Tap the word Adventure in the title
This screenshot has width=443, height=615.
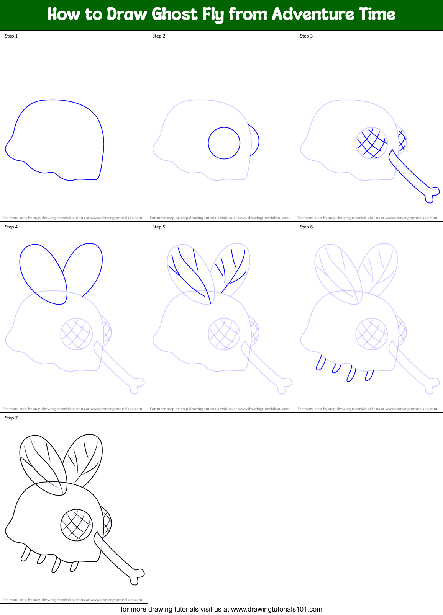point(313,15)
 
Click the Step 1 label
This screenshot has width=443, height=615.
point(11,36)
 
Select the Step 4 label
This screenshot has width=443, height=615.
point(11,227)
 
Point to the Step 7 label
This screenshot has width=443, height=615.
point(11,418)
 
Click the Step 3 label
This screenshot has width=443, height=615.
point(306,36)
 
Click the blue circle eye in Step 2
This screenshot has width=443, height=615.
point(224,143)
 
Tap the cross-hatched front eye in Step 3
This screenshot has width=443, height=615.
point(371,143)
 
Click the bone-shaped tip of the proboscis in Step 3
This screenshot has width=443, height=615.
point(431,194)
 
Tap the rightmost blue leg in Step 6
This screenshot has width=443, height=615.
point(369,375)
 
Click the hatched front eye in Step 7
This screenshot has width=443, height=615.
point(77,525)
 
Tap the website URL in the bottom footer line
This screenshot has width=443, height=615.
point(277,609)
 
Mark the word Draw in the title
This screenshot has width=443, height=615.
point(127,15)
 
